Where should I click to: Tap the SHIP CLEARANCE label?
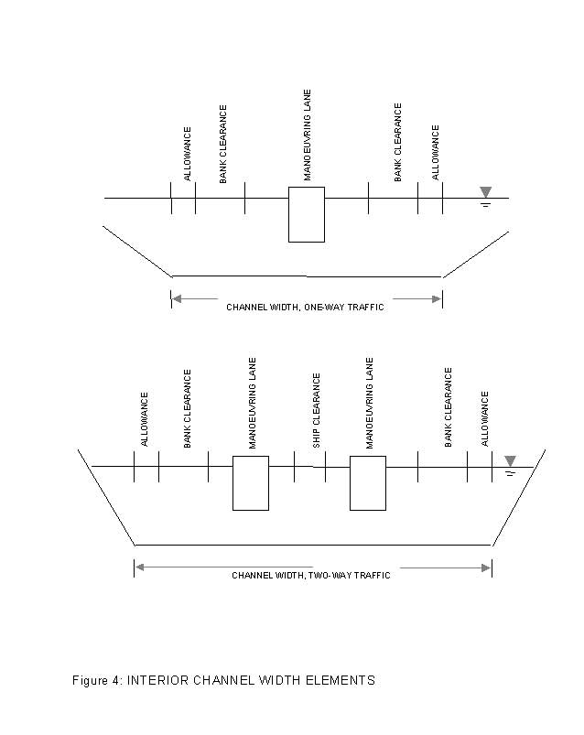pos(317,411)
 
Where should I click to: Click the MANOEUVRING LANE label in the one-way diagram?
pos(307,135)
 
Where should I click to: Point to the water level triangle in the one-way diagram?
pos(485,192)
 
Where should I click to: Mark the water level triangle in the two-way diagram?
pos(510,460)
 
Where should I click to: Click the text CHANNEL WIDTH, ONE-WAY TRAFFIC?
pos(305,307)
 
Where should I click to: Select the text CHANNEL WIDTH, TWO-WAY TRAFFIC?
pos(311,575)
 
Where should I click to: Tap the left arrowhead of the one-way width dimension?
pos(177,298)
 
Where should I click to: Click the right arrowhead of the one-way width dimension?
pos(437,299)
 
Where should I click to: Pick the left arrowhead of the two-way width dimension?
pos(140,567)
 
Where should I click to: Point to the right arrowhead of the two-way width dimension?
pos(486,568)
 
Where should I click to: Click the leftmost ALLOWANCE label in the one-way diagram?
pos(188,154)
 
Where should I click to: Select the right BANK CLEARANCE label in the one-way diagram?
pos(397,143)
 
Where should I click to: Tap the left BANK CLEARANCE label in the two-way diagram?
pos(188,409)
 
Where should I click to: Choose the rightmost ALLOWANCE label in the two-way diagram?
pos(485,419)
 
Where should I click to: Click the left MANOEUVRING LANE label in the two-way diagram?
pos(252,403)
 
